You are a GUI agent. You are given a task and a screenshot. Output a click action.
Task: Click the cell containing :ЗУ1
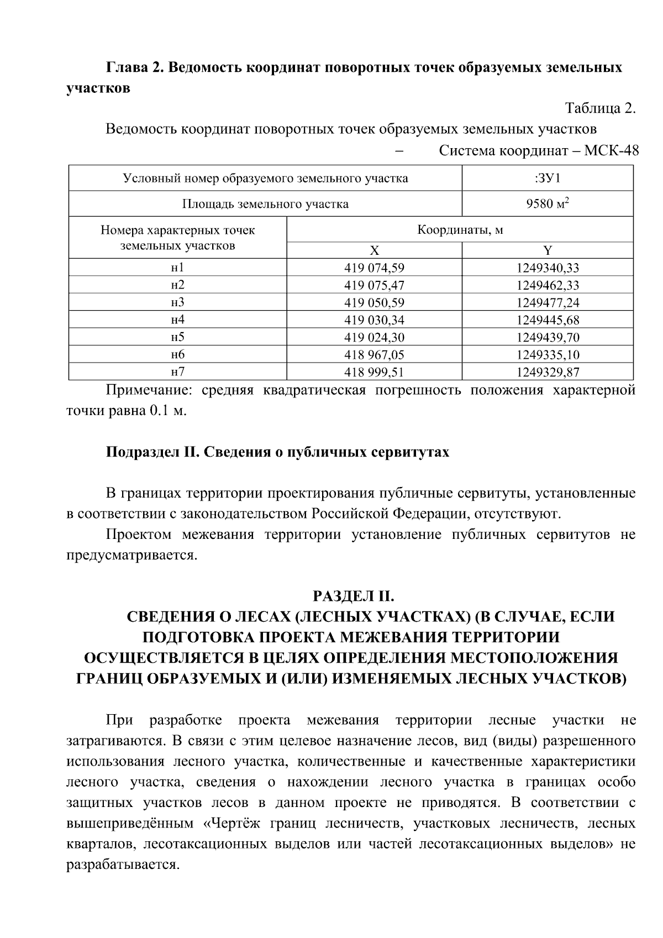tap(548, 179)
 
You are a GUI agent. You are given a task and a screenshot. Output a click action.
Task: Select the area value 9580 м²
tap(548, 204)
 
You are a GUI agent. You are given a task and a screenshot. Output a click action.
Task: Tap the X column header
tap(374, 250)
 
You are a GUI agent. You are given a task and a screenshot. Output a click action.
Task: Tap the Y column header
tap(548, 250)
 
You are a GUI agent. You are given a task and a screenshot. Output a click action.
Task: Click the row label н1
tap(177, 268)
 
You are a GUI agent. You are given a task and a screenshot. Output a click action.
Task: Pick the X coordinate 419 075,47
tap(374, 285)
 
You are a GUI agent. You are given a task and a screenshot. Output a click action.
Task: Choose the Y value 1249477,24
tap(548, 302)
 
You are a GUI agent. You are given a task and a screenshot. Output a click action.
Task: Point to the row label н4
tap(177, 319)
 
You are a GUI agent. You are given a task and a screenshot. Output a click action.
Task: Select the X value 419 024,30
tap(374, 337)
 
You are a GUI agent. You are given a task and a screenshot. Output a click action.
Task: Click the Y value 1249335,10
tap(548, 354)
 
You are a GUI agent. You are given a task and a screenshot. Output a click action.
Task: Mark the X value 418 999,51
tap(374, 372)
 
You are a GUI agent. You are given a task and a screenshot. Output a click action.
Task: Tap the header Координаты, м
tap(460, 229)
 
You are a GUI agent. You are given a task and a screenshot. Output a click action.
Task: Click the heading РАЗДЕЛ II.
tap(354, 596)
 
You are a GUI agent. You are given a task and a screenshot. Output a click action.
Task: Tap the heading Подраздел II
tap(151, 452)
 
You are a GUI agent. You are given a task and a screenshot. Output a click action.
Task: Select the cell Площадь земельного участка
tap(265, 204)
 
